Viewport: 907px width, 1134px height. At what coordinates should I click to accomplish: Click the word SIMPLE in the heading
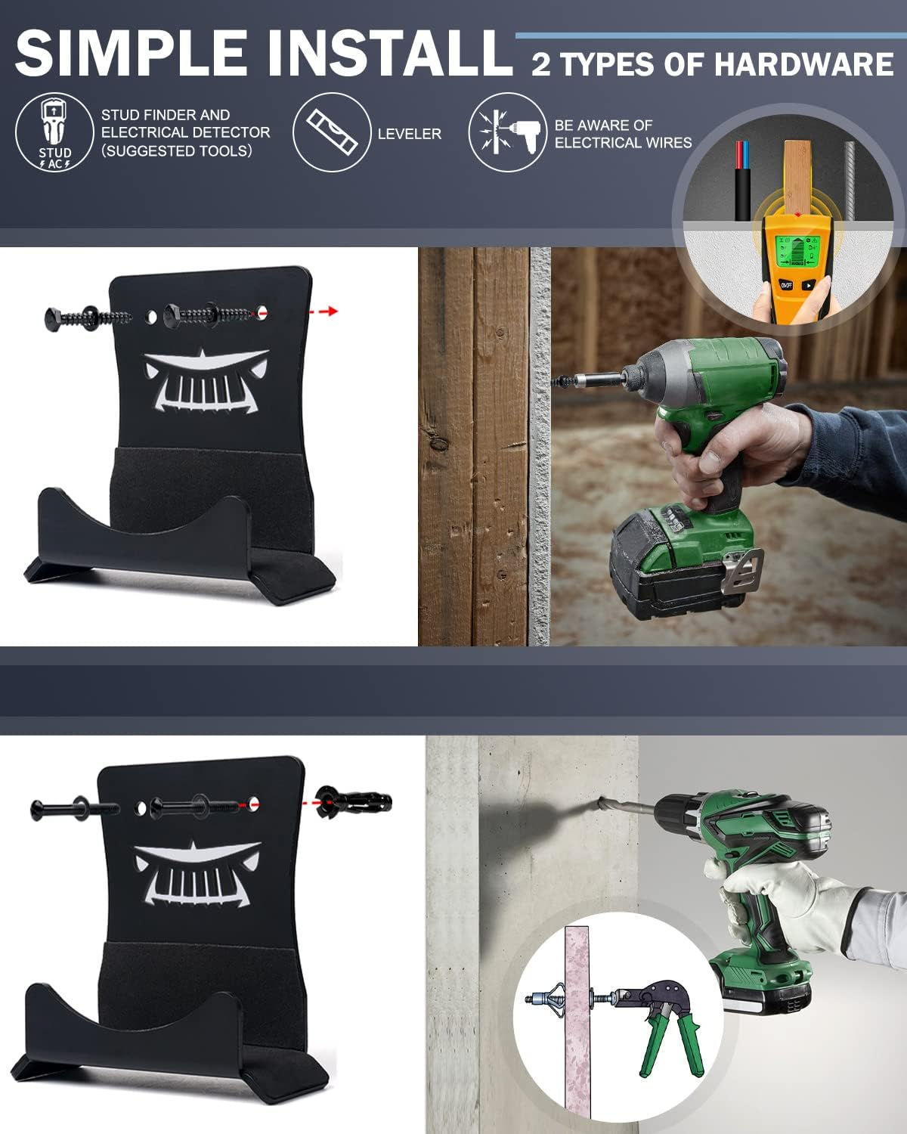[x=132, y=52]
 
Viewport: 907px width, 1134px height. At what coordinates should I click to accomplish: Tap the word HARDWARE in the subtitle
[x=803, y=64]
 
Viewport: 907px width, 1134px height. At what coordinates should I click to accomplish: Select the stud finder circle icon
[x=54, y=132]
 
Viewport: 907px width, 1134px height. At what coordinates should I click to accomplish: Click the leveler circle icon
[x=332, y=132]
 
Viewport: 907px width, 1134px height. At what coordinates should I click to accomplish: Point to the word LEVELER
[x=410, y=134]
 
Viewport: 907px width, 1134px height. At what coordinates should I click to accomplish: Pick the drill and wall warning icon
[x=507, y=132]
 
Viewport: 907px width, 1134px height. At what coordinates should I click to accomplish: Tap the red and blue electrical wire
[x=742, y=181]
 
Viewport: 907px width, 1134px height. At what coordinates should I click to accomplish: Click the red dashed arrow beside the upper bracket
[x=323, y=311]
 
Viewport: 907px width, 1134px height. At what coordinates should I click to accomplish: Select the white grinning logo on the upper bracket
[x=206, y=380]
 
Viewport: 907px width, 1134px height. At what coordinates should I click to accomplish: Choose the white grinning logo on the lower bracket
[x=197, y=874]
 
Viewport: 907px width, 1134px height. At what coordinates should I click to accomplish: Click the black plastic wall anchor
[x=354, y=803]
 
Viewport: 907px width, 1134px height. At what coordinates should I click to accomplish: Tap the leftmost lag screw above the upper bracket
[x=88, y=318]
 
